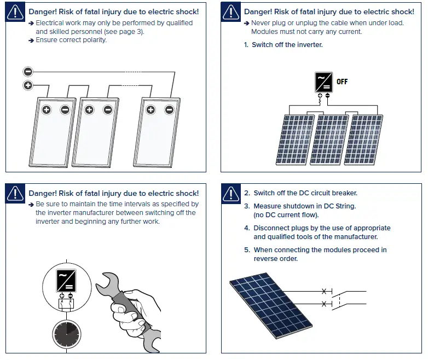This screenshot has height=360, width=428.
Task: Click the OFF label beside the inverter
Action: (x=342, y=82)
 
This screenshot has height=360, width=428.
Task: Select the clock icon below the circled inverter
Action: (x=66, y=333)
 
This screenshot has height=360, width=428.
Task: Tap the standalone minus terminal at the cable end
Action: (x=28, y=72)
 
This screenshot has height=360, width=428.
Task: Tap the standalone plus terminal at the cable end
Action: (x=28, y=85)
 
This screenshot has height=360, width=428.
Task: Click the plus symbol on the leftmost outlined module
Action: (x=47, y=110)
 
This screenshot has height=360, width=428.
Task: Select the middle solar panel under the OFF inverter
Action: (x=329, y=140)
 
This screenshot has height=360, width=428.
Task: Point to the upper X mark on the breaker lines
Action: (x=325, y=291)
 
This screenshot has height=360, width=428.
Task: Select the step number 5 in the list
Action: (x=246, y=250)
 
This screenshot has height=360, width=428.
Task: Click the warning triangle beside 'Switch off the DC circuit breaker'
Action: (x=231, y=193)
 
